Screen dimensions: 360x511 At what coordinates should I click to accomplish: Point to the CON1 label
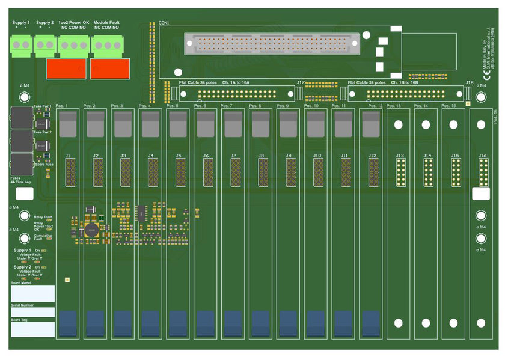pos(164,23)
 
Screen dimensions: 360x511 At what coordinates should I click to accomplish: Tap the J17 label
pos(301,82)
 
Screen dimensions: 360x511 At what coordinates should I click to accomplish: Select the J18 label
pos(470,82)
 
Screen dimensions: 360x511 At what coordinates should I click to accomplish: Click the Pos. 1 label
pos(62,106)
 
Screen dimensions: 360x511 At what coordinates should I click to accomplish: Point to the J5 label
pos(179,156)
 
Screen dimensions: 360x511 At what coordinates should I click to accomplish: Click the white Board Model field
pos(32,293)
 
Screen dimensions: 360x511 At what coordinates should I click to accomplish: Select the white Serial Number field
pos(32,312)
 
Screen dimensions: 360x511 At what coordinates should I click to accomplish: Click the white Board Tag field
pos(32,329)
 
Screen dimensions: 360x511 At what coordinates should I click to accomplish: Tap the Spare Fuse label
pos(43,164)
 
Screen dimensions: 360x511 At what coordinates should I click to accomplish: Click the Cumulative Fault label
pos(43,237)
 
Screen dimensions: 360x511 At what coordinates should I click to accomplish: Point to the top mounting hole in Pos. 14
pos(426,124)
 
